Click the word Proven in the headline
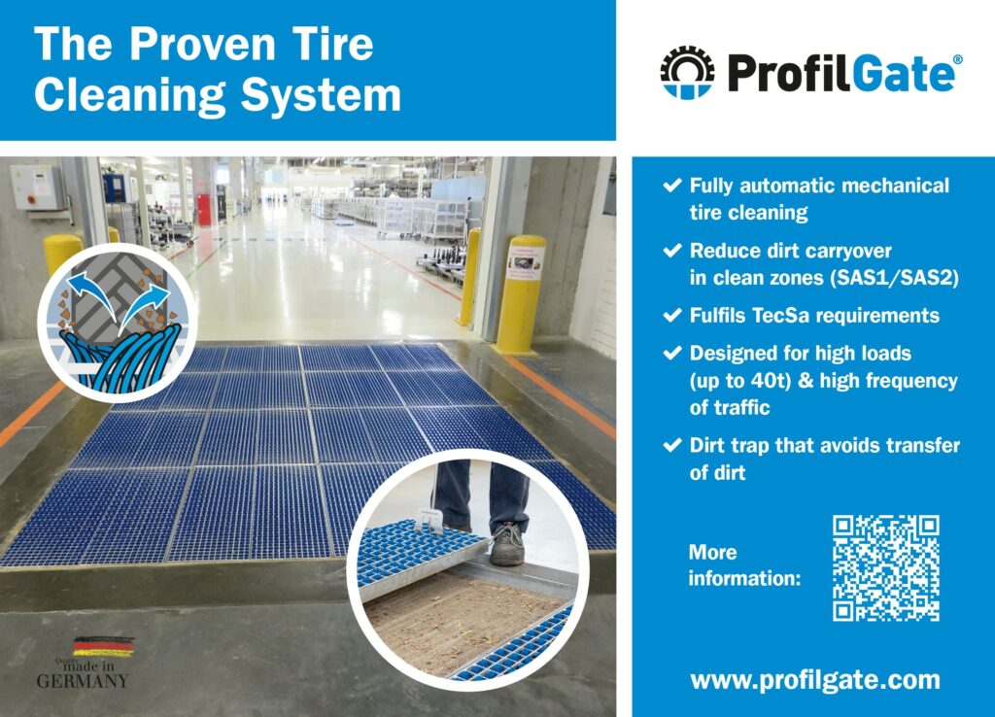click(202, 45)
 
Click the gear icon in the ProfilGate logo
click(687, 72)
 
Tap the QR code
click(886, 568)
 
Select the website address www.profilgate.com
click(815, 679)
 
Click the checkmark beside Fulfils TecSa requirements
click(672, 316)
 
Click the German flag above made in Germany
click(103, 647)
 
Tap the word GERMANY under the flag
click(83, 681)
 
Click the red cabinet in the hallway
click(204, 210)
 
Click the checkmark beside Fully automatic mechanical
click(672, 186)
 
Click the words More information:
click(744, 565)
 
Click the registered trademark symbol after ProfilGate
click(957, 59)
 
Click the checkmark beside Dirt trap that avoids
click(672, 445)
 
